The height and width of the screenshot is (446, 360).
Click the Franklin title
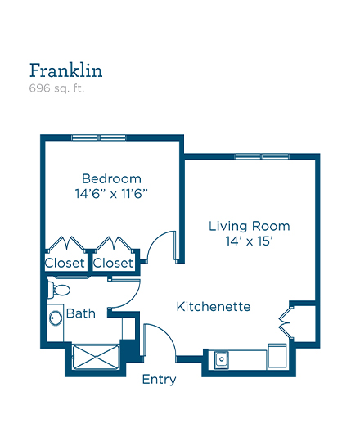[65, 70]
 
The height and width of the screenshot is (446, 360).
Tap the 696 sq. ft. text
[56, 88]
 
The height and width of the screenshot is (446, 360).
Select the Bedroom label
[111, 179]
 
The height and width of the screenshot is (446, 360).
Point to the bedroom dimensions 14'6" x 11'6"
[111, 194]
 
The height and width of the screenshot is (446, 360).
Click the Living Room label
[250, 226]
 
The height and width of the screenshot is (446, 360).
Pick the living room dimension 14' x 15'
[249, 241]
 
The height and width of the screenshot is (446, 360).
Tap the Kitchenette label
[214, 307]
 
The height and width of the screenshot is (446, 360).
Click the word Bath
[81, 313]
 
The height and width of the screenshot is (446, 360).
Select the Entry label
[159, 380]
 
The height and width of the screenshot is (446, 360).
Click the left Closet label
[65, 263]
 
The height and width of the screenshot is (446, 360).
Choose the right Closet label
[113, 263]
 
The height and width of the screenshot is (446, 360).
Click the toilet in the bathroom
[58, 290]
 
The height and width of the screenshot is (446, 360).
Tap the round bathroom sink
[56, 318]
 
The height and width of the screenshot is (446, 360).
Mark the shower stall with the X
[96, 357]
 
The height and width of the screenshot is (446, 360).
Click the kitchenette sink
[222, 360]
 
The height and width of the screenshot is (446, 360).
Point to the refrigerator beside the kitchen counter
[277, 355]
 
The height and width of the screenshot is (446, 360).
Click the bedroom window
[98, 137]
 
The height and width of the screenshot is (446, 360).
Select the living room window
[262, 156]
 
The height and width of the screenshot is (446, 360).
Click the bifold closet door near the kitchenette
[286, 322]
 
